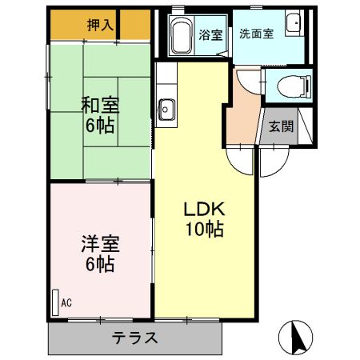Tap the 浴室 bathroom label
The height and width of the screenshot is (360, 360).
coord(210,34)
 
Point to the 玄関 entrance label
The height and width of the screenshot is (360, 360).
coord(279,126)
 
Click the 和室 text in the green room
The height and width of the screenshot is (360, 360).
coord(100,104)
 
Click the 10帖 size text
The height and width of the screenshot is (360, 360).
coord(204,230)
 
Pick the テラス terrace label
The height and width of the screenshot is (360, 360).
coord(134,337)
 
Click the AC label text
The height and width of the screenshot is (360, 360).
coord(66,302)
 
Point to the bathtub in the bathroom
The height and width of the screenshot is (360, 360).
coord(180,36)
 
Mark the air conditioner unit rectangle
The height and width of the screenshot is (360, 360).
coord(55,302)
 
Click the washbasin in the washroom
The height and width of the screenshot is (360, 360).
coord(294,23)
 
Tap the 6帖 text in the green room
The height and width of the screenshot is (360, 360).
coord(100,126)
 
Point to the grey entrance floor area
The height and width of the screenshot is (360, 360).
coord(278,132)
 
